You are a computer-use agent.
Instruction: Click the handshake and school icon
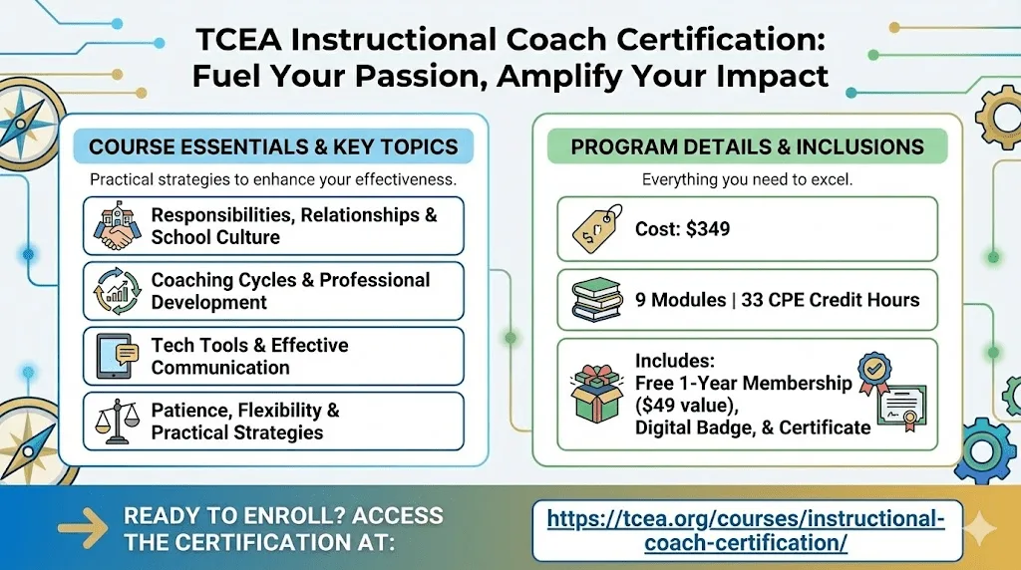tap(118, 226)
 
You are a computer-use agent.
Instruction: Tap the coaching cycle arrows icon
tap(118, 291)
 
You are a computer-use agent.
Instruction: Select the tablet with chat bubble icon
tap(118, 356)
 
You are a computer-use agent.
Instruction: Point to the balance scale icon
tap(118, 421)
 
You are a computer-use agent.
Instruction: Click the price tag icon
tap(597, 228)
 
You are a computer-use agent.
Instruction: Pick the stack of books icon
tap(596, 299)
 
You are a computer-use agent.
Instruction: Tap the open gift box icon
tap(596, 394)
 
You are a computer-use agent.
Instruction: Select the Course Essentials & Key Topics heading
tap(273, 146)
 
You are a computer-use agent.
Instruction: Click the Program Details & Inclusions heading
tap(748, 146)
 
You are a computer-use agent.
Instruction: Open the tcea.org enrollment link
tap(746, 530)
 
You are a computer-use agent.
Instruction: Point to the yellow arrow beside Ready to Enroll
tap(83, 528)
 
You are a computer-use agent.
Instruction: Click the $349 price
tap(708, 229)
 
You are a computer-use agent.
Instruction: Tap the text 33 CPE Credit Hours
tap(831, 299)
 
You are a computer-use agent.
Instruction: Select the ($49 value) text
tap(687, 406)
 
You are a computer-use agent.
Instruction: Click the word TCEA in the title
tap(239, 39)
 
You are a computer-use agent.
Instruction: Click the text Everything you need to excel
tap(747, 179)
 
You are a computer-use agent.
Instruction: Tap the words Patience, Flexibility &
tap(245, 410)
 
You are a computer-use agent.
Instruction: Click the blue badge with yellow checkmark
tap(874, 372)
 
